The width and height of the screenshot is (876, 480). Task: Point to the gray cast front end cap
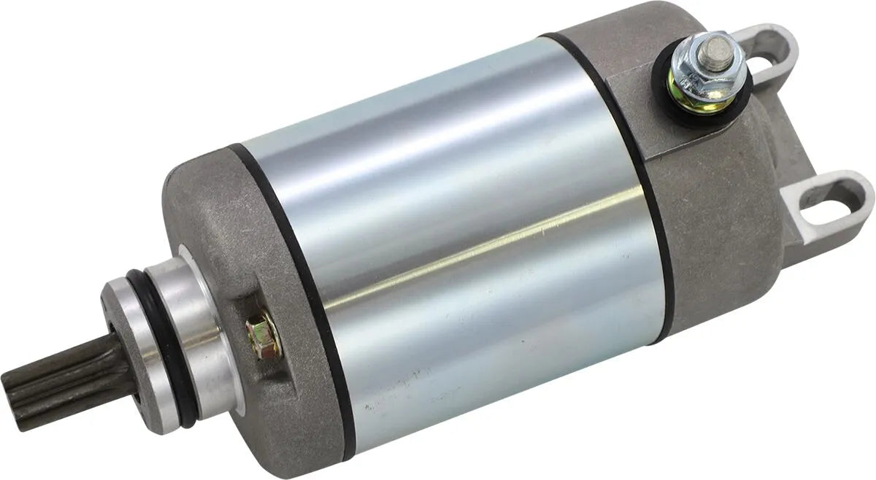[219, 219]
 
